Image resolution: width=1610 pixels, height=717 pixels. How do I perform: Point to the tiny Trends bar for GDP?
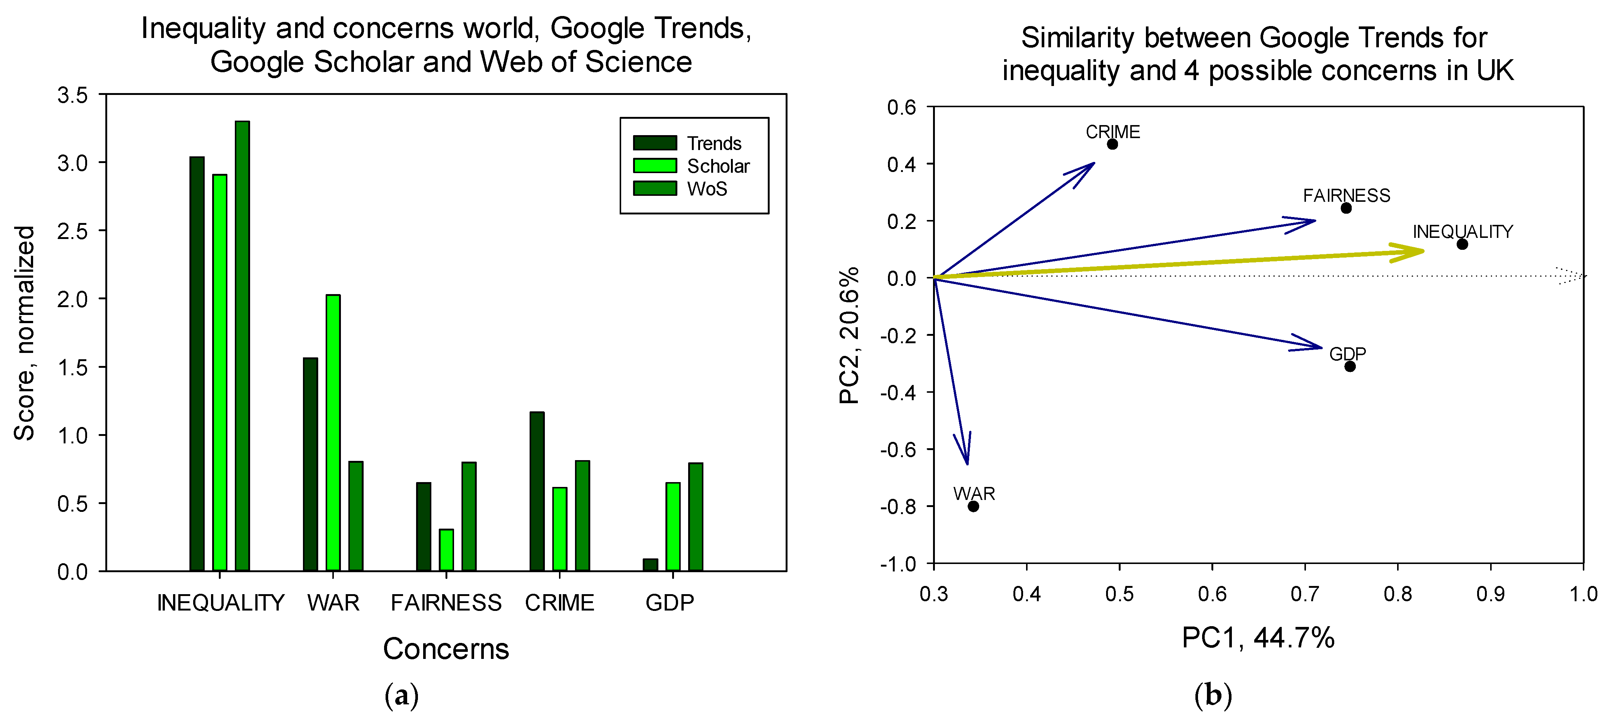tap(650, 564)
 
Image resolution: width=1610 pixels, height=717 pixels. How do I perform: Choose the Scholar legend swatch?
tap(654, 166)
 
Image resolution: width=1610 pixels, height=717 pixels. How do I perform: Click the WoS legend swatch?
tap(654, 188)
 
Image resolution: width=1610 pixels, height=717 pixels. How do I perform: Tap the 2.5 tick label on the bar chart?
tap(73, 231)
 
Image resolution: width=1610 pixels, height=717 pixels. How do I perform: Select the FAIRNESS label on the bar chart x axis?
tap(445, 603)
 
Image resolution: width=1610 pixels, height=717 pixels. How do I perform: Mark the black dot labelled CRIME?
tap(1112, 144)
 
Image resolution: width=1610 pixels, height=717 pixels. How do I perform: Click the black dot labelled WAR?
tap(973, 506)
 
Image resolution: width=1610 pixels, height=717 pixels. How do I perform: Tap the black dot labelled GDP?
tap(1350, 366)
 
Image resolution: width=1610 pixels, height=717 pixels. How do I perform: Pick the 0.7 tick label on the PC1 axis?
tap(1304, 594)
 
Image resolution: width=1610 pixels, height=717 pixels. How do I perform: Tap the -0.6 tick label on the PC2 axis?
tap(898, 449)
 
